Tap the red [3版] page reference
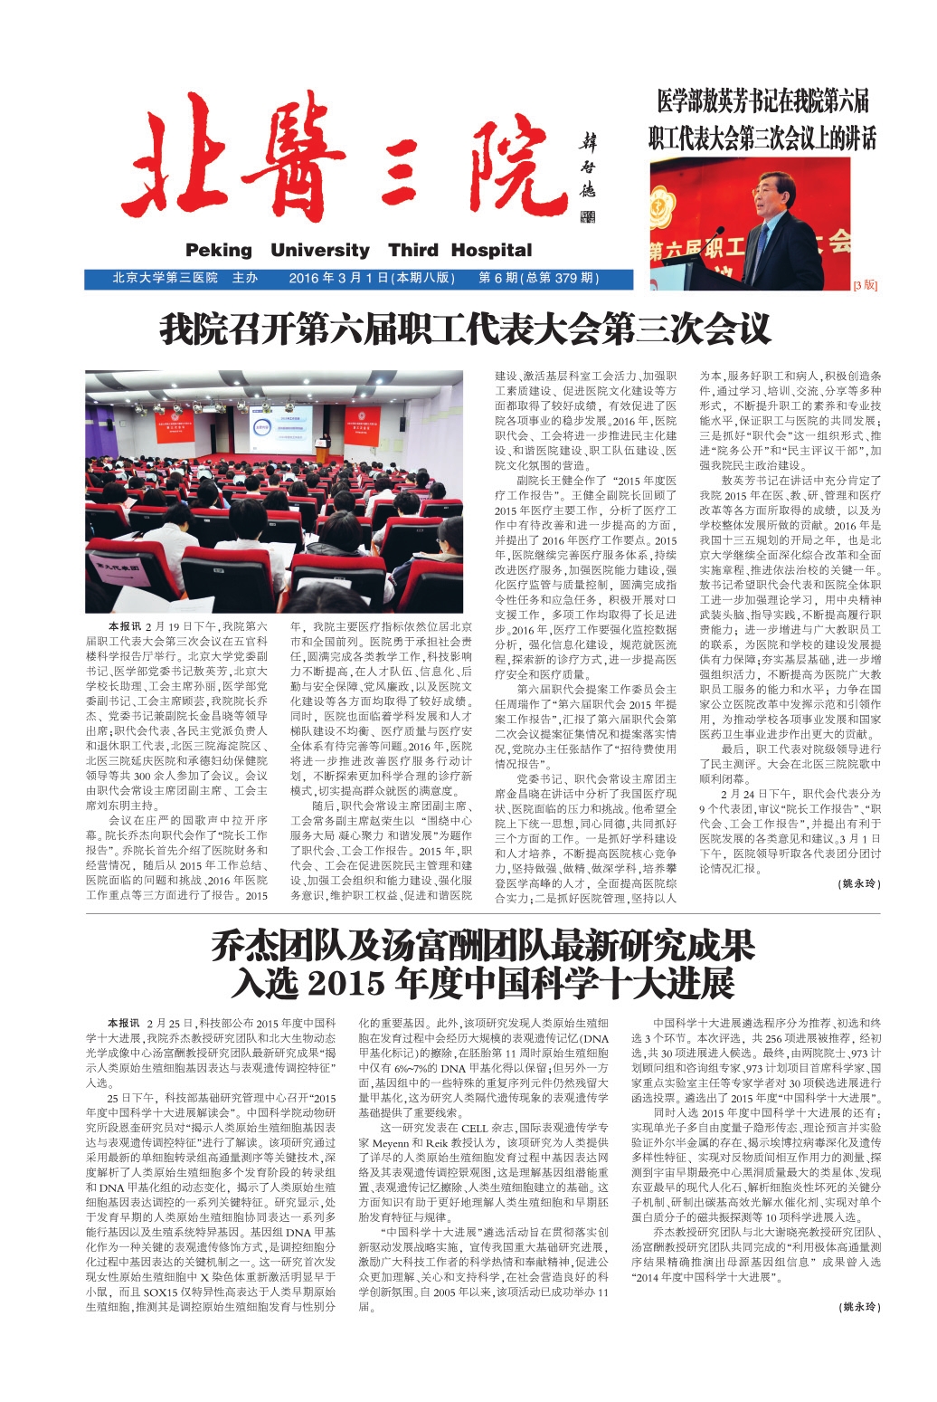[865, 285]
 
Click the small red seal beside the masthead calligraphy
[588, 217]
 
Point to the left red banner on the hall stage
[175, 427]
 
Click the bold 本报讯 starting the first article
[123, 626]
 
